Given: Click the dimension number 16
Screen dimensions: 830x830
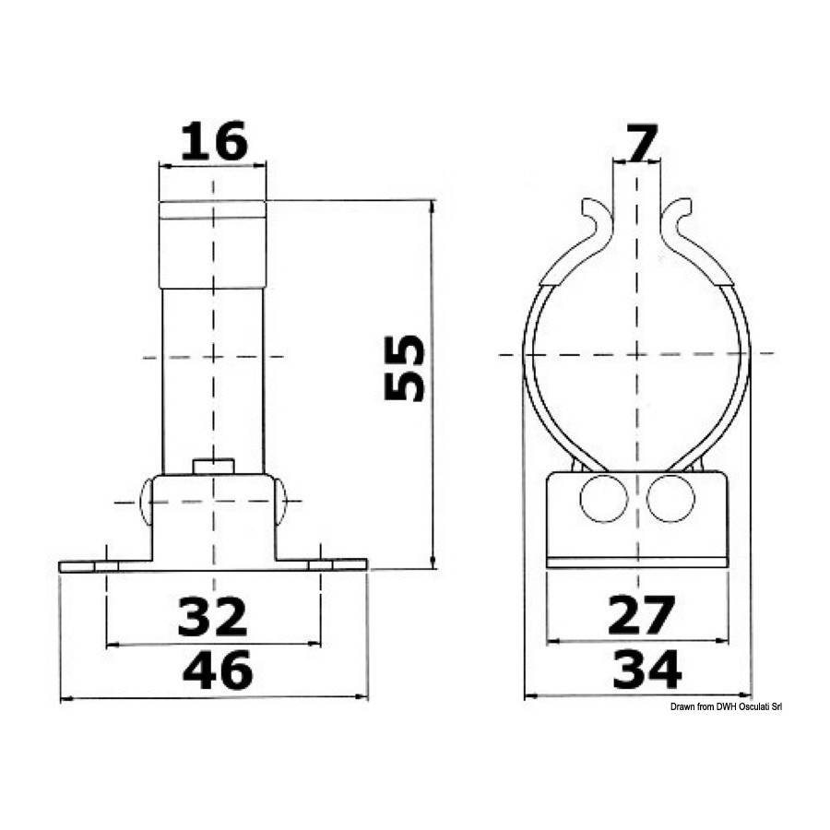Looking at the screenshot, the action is (x=214, y=141).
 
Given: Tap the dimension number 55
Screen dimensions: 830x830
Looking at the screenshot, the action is (x=405, y=368).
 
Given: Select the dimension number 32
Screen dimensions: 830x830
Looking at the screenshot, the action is (x=213, y=616).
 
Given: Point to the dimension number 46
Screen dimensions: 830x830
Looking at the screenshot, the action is (x=218, y=670).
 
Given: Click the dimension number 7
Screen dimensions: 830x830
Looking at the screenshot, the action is (x=641, y=142).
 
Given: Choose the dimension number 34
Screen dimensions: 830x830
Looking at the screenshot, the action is (x=646, y=670).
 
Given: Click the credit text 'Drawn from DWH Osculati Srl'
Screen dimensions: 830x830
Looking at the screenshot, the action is (x=726, y=706).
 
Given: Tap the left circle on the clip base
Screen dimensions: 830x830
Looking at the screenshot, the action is (x=604, y=498).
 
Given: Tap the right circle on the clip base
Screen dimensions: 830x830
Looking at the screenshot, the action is (x=670, y=498).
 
